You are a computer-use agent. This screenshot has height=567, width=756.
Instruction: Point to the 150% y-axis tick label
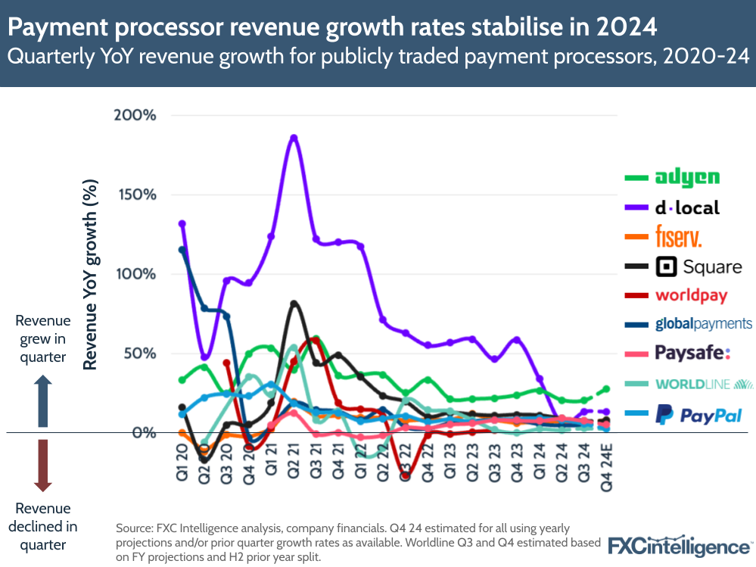(136, 195)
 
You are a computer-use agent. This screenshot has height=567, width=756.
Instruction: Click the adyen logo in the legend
(686, 178)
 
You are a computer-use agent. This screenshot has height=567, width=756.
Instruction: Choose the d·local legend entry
(686, 207)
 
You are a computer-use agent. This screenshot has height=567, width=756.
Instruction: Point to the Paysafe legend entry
(692, 354)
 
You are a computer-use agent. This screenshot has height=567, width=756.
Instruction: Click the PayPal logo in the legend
(698, 415)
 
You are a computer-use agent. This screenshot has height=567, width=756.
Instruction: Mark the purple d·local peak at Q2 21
(294, 138)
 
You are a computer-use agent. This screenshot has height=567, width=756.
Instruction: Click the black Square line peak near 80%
(294, 304)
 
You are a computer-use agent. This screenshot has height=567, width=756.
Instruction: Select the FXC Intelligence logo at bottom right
(678, 545)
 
